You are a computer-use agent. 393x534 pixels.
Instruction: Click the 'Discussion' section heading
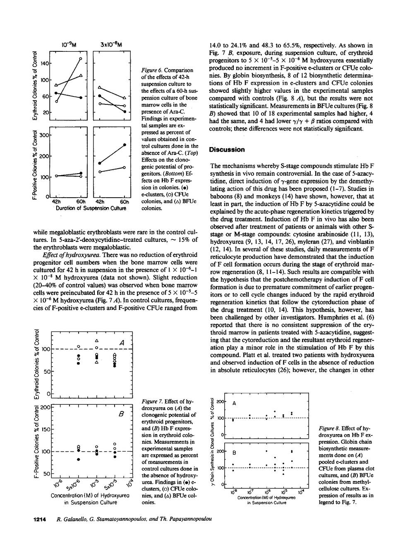[x=227, y=150]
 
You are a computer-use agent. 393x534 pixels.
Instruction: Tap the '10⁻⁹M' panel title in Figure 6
[x=68, y=43]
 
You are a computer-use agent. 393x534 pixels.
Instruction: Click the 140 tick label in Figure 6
[x=44, y=64]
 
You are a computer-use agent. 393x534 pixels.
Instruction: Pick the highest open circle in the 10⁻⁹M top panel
[x=81, y=59]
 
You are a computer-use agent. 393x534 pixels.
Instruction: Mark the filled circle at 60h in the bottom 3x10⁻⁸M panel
[x=125, y=145]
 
